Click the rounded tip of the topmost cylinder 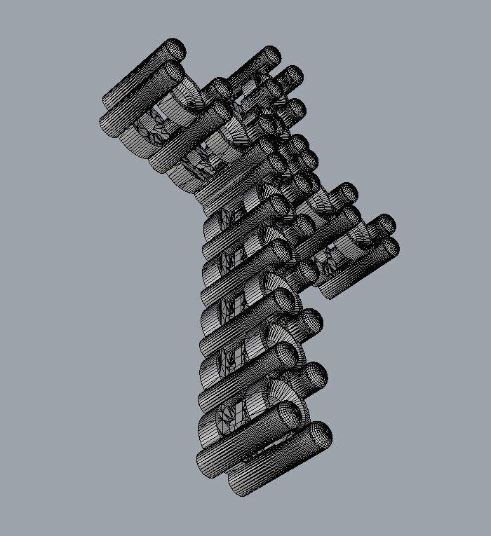coord(175,49)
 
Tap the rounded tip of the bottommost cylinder coord(319,434)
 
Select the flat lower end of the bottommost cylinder coord(238,485)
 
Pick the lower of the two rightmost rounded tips coord(389,247)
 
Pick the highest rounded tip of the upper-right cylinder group coord(270,56)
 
